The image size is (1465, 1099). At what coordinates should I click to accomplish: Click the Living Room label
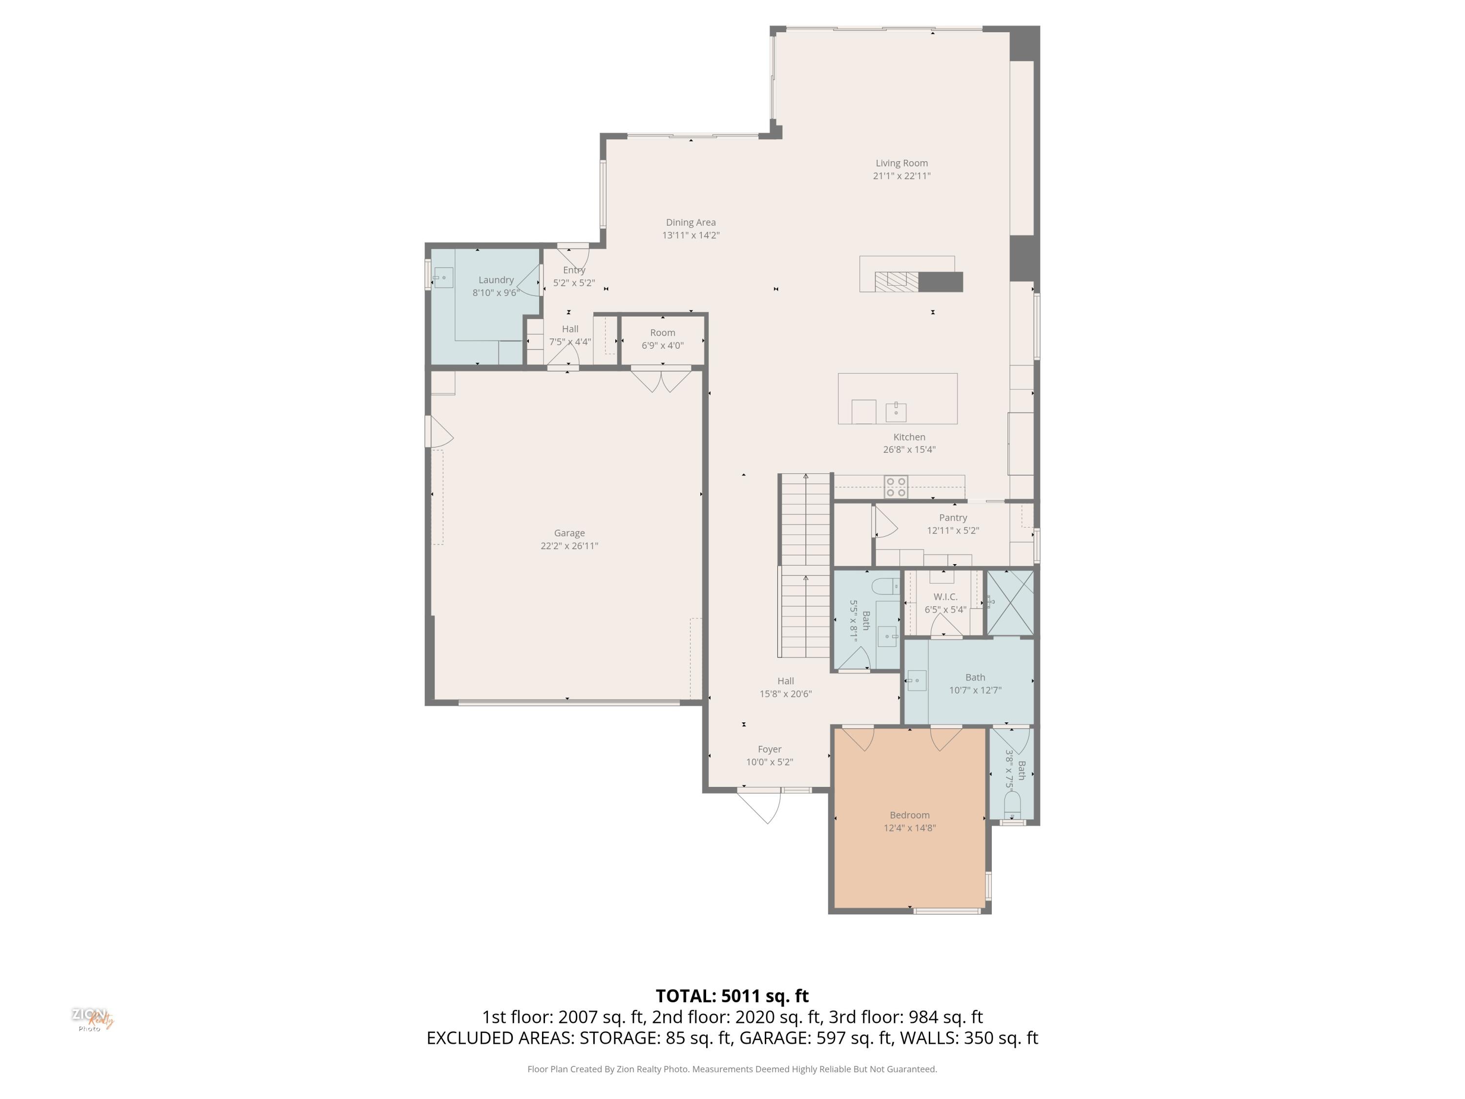(901, 163)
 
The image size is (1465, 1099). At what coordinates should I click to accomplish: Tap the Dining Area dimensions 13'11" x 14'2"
(691, 235)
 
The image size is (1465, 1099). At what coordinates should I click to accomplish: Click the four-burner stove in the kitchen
(896, 487)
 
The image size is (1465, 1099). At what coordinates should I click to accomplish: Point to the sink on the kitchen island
(896, 411)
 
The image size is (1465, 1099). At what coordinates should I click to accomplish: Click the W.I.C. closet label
(945, 597)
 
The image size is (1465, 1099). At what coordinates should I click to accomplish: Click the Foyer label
(770, 749)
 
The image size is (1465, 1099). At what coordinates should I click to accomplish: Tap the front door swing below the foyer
(762, 807)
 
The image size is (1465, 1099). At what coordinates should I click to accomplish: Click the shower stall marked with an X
(1010, 603)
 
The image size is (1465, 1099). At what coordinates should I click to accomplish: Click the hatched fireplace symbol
(897, 281)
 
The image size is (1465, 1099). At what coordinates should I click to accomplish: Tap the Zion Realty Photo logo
(92, 1019)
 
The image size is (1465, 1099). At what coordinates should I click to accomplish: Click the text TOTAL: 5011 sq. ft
(732, 995)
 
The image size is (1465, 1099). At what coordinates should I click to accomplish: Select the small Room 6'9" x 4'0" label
(662, 338)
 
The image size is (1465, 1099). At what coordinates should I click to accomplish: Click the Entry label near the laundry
(574, 270)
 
